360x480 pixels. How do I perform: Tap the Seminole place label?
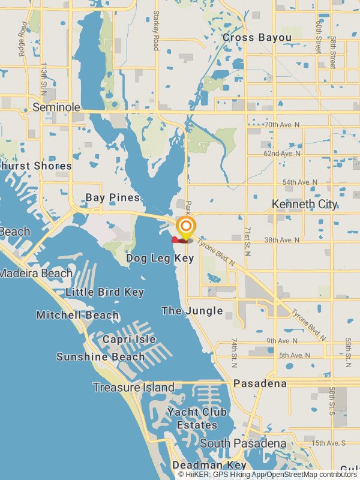[x=56, y=107]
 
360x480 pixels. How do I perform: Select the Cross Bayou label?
[x=257, y=38]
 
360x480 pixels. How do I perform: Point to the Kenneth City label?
[x=304, y=204]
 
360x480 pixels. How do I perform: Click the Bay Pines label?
[x=112, y=197]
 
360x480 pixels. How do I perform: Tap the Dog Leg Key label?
[x=160, y=258]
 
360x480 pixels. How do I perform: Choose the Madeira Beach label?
[x=36, y=273]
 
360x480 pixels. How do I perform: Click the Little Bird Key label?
[x=105, y=292]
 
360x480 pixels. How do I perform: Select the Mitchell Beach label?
[x=77, y=315]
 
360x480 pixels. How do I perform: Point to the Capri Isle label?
[x=129, y=340]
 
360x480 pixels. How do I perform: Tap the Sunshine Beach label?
[x=100, y=357]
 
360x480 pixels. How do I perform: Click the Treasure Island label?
[x=133, y=388]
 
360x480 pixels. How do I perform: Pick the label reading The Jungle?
[x=192, y=311]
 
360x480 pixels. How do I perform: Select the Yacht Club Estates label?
[x=197, y=418]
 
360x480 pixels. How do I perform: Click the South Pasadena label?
[x=243, y=443]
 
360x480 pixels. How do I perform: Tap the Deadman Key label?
[x=209, y=465]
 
